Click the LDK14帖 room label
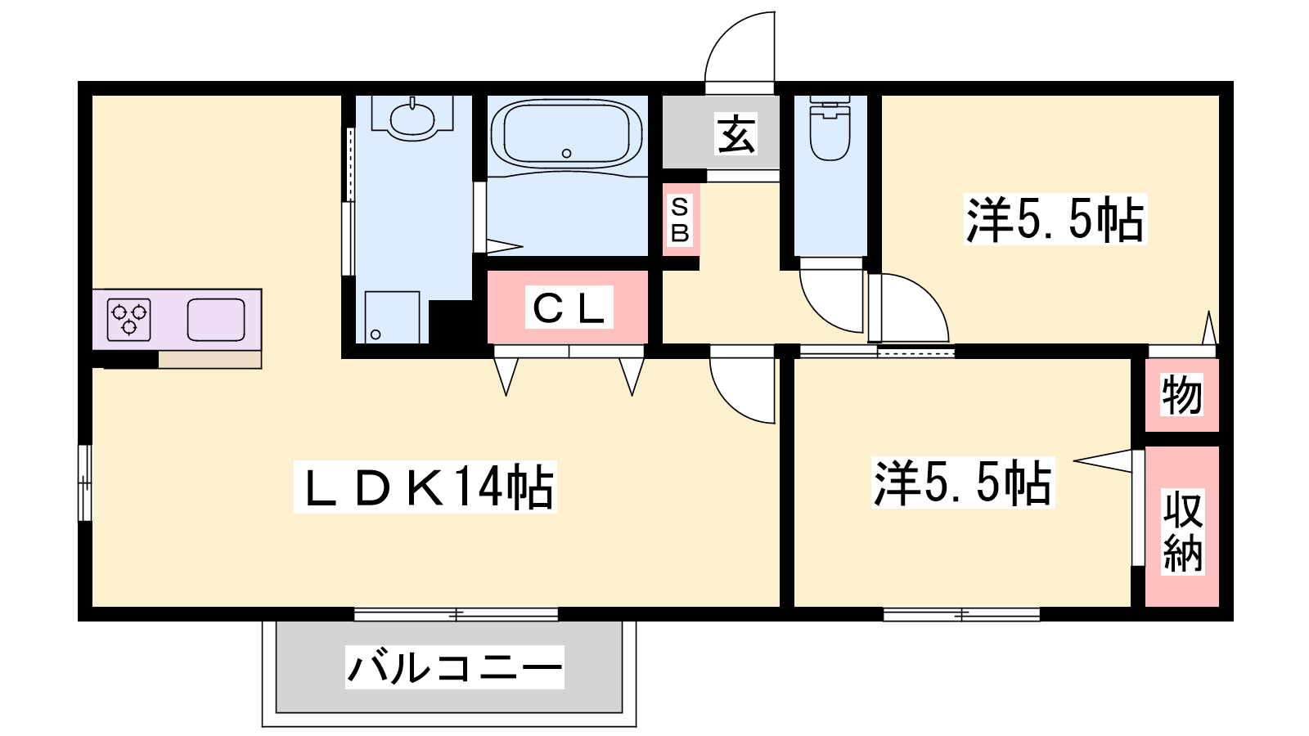(x=425, y=487)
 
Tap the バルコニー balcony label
(x=454, y=667)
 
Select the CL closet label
(x=569, y=307)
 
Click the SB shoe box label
(x=680, y=220)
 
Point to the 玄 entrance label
(x=735, y=134)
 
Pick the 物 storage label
(x=1181, y=395)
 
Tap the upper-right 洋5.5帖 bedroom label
(x=1055, y=219)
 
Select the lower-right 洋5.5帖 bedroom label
(x=962, y=482)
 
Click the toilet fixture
(x=830, y=128)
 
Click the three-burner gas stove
(x=129, y=320)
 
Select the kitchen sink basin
(x=216, y=320)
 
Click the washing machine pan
(x=392, y=317)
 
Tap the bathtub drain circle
(x=566, y=154)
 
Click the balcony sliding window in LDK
(x=456, y=614)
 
